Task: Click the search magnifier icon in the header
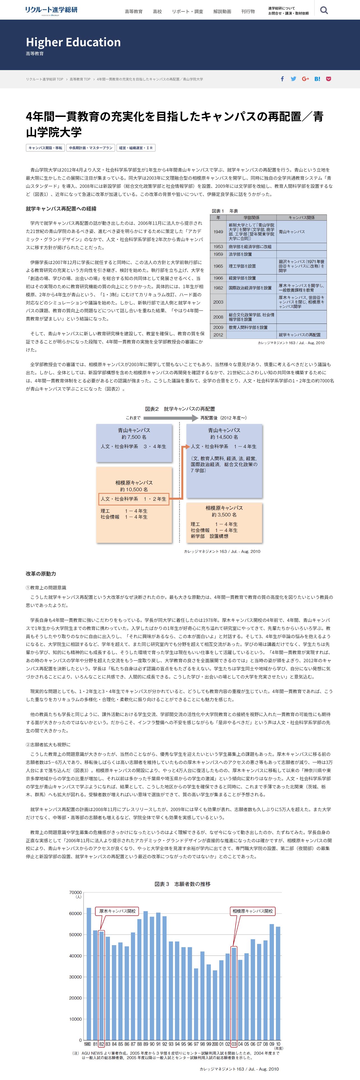(x=324, y=10)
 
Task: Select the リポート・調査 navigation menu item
(x=187, y=11)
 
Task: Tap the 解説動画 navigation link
(x=222, y=11)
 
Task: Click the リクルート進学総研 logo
(x=51, y=10)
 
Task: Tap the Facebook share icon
(x=282, y=79)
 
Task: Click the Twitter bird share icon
(x=293, y=79)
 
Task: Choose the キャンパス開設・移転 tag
(x=45, y=147)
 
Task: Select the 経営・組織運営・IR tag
(x=136, y=147)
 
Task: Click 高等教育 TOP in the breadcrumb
(x=80, y=79)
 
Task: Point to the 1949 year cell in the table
(x=218, y=231)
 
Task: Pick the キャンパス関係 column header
(x=301, y=217)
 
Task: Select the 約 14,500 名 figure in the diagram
(x=224, y=437)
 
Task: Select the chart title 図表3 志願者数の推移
(x=182, y=884)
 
